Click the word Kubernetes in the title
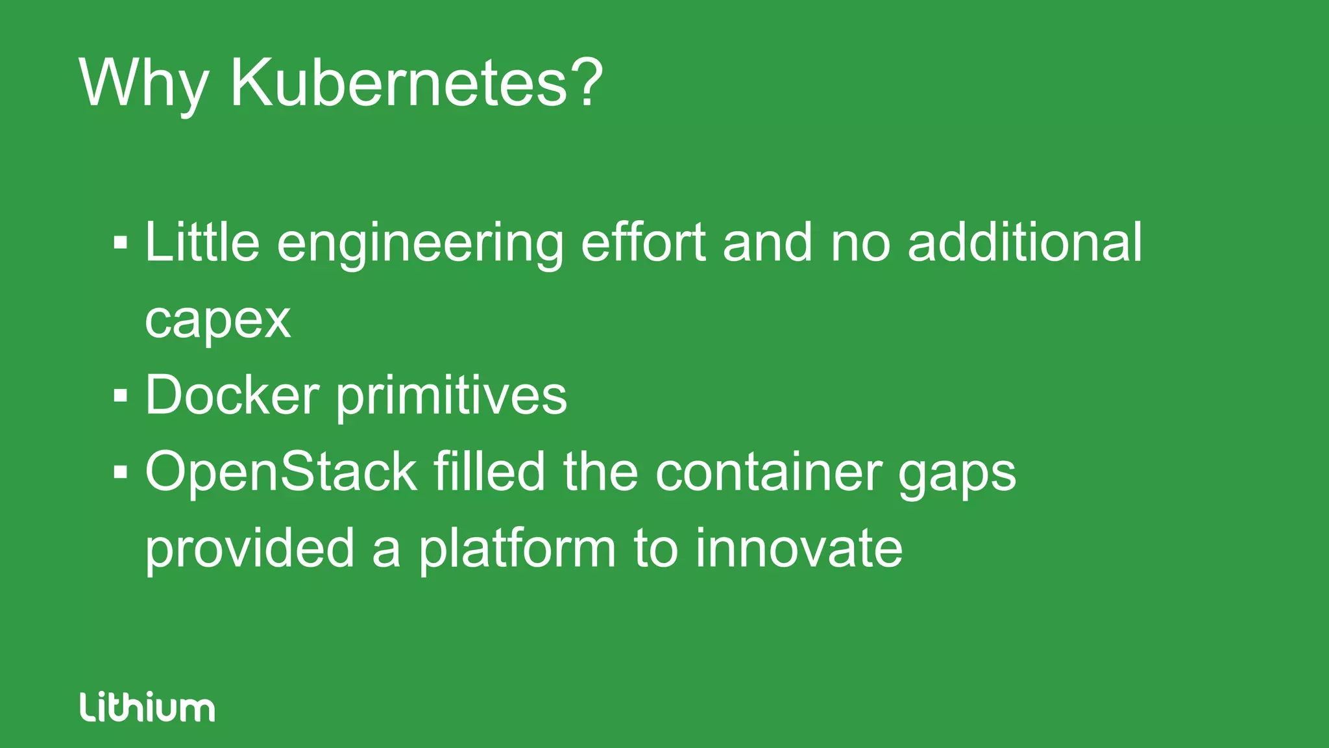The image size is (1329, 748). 399,82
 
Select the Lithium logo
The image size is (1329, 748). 147,707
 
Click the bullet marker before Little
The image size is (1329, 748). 121,243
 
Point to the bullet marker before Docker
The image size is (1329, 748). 121,395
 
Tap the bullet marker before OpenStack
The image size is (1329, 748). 121,472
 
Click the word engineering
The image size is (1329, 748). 420,244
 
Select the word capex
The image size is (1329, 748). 217,320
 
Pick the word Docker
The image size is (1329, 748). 232,395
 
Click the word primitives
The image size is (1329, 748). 452,396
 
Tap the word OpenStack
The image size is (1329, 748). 280,473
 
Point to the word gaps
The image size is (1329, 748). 958,475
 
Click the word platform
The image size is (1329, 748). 517,549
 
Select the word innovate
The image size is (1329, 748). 799,548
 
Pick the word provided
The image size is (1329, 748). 250,549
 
